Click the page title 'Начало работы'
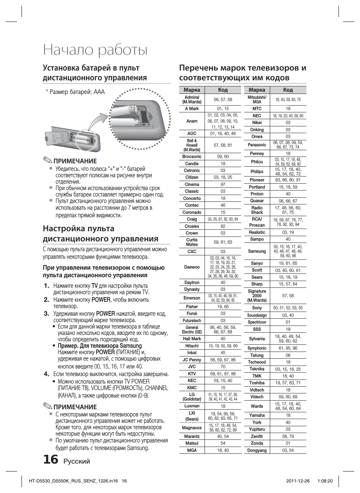[x=95, y=50]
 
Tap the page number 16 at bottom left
[x=51, y=459]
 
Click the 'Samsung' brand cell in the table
[x=257, y=251]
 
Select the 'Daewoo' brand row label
[x=192, y=267]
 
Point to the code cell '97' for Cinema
[x=223, y=184]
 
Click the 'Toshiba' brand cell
[x=257, y=383]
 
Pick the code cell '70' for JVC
[x=223, y=367]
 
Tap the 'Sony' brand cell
[x=257, y=308]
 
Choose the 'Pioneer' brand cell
[x=257, y=180]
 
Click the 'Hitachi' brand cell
[x=192, y=346]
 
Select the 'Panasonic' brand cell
[x=257, y=145]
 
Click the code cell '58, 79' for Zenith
[x=288, y=436]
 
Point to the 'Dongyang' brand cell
[x=257, y=450]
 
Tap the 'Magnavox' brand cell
[x=192, y=428]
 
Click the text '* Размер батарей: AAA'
[x=75, y=92]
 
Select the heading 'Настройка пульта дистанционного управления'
[x=100, y=233]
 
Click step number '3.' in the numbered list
[x=46, y=313]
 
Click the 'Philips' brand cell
[x=257, y=172]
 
